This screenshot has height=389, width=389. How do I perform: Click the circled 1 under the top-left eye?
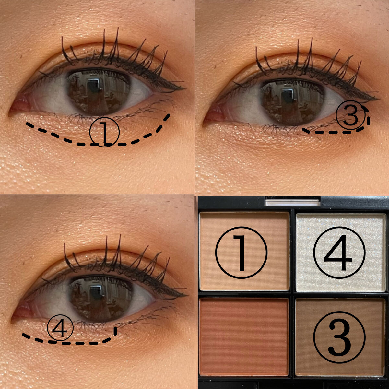pyautogui.click(x=104, y=132)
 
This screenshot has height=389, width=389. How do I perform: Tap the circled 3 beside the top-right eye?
pyautogui.click(x=351, y=115)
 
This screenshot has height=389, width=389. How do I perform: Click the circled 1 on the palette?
pyautogui.click(x=241, y=253)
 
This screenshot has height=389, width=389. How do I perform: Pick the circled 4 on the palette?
pyautogui.click(x=339, y=253)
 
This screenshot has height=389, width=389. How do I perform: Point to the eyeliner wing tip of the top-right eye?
pyautogui.click(x=378, y=99)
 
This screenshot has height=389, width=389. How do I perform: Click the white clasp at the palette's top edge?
pyautogui.click(x=292, y=202)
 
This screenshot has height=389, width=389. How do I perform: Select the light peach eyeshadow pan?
pyautogui.click(x=244, y=251)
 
